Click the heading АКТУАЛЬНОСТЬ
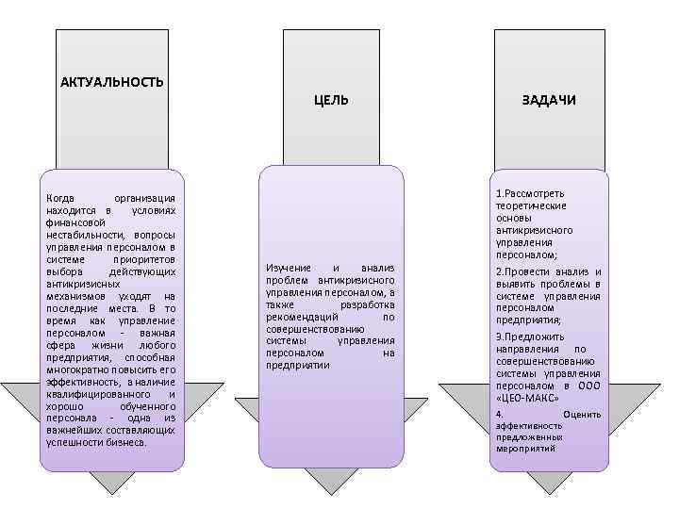(x=111, y=82)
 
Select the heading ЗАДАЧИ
(x=550, y=100)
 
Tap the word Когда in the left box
(x=61, y=197)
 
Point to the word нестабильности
(x=83, y=234)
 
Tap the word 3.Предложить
(x=530, y=337)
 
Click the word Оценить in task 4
(x=581, y=415)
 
